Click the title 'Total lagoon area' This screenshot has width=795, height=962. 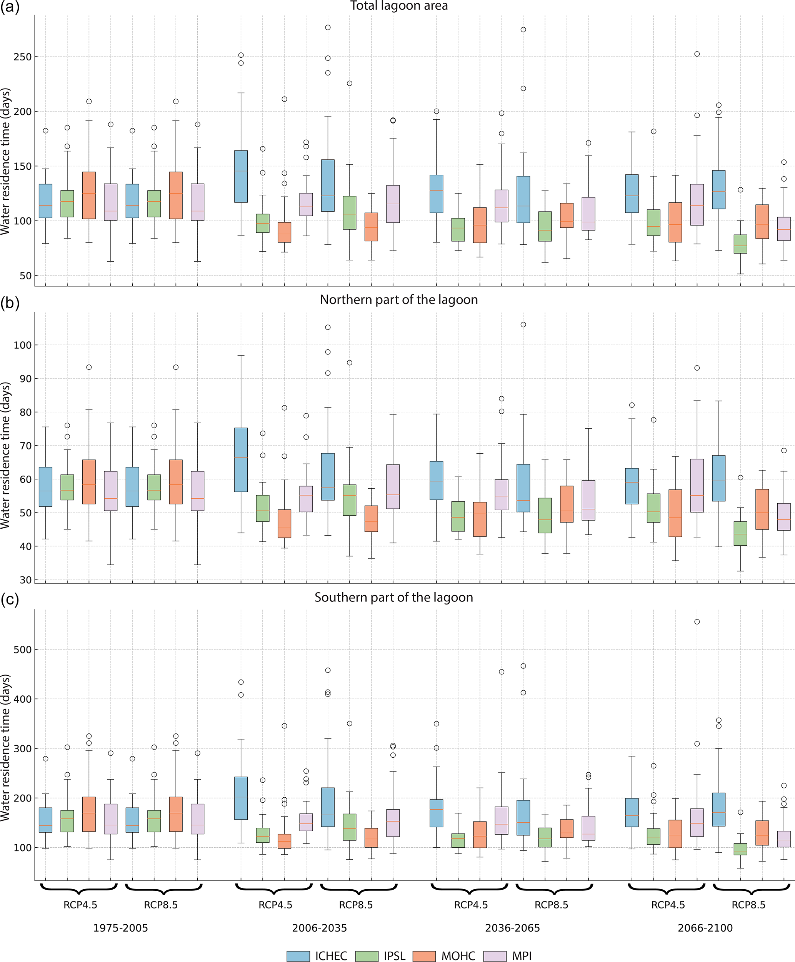point(399,6)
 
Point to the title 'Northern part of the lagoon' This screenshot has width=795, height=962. point(399,300)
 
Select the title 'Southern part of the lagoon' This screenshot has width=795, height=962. point(394,597)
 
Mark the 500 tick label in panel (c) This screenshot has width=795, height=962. point(22,650)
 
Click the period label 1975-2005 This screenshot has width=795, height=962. point(120,928)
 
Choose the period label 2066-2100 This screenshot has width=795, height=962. point(705,928)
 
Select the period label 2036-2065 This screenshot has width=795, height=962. point(512,928)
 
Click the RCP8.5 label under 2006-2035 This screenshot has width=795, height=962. point(356,905)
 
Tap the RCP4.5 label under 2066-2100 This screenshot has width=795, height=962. point(668,905)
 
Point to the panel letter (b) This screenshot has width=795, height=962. point(10,303)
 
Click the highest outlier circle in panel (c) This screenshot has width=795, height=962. point(697,621)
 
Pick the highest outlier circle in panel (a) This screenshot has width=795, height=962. point(328,27)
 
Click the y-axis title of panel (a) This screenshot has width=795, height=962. point(5,161)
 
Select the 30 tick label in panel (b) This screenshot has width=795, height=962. point(25,580)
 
